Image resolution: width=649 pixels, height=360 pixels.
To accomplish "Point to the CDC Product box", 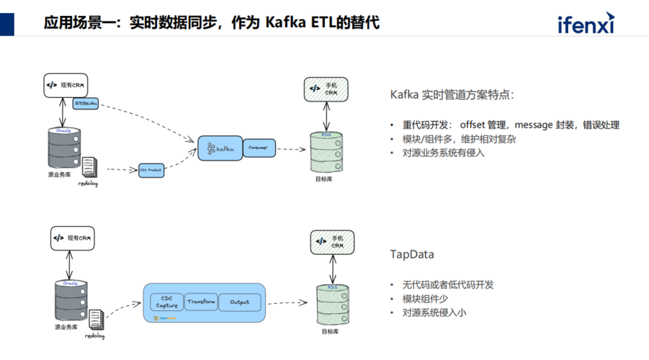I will click(150, 169).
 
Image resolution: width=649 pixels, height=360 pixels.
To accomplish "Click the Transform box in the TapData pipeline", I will click(201, 302).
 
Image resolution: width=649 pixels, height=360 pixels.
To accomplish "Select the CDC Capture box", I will click(166, 302).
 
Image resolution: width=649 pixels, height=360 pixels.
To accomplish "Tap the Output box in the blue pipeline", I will click(239, 302).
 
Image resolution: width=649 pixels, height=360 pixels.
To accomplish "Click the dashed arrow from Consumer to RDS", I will click(290, 150).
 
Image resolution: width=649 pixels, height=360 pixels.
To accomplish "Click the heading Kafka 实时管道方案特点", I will click(453, 95).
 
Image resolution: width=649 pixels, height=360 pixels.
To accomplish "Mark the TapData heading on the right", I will click(412, 255).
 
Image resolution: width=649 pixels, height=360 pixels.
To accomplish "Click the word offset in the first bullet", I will click(475, 125).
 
